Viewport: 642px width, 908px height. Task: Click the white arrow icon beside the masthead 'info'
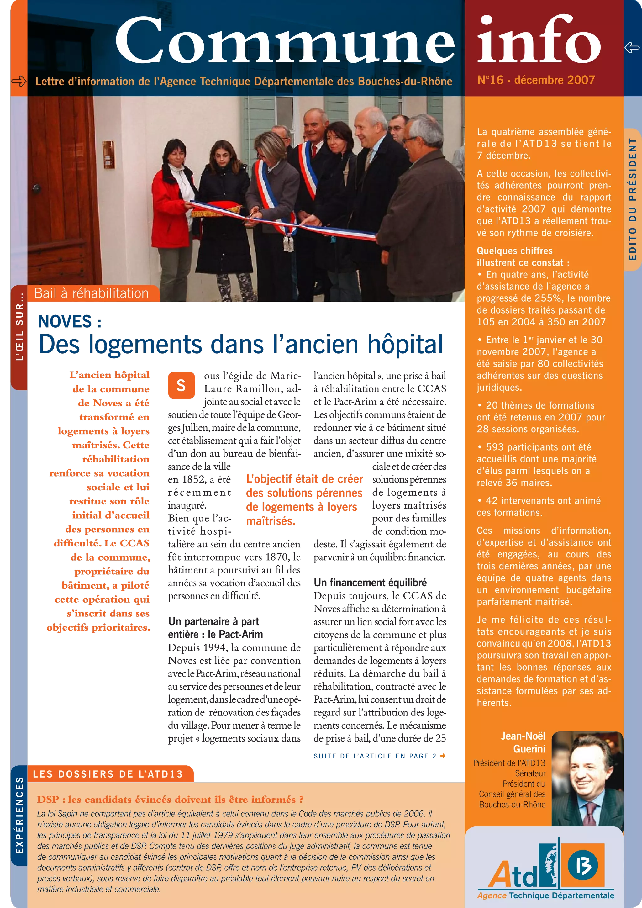coord(632,48)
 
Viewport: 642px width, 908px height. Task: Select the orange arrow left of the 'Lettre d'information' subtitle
coord(18,82)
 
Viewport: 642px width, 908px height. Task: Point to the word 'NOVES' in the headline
coord(65,321)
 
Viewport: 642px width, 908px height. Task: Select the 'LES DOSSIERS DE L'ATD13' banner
coord(108,774)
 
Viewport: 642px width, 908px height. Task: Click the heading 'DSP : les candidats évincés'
coord(170,799)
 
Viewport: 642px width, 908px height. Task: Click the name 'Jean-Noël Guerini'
coord(523,742)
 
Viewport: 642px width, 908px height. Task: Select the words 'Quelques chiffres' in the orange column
coord(514,251)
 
